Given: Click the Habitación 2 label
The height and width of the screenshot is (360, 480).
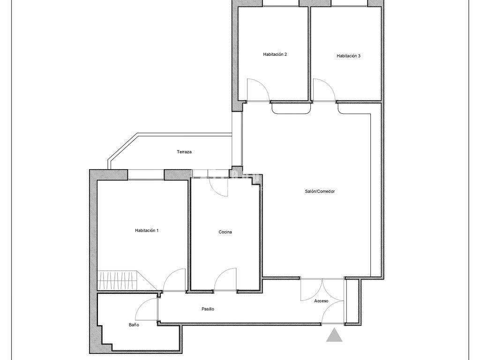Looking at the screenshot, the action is (275, 54).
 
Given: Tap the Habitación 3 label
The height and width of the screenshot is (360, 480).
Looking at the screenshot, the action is (348, 56).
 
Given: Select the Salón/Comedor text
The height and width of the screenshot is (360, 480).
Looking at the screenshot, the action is (320, 191).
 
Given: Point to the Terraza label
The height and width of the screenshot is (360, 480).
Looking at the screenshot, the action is (184, 152).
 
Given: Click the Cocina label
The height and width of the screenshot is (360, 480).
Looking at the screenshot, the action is (225, 232).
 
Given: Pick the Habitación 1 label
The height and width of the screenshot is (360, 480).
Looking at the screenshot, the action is (147, 231).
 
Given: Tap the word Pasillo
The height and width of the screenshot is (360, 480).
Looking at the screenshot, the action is (208, 309).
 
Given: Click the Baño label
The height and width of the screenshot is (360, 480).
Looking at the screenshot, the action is (134, 325).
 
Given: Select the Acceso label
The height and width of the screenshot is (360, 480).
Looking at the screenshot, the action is (321, 301).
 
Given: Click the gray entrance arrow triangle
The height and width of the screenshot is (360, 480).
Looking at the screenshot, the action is (334, 335).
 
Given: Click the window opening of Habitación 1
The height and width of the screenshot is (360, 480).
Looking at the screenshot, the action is (146, 174).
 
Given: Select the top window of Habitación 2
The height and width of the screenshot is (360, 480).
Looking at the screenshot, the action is (281, 3).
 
